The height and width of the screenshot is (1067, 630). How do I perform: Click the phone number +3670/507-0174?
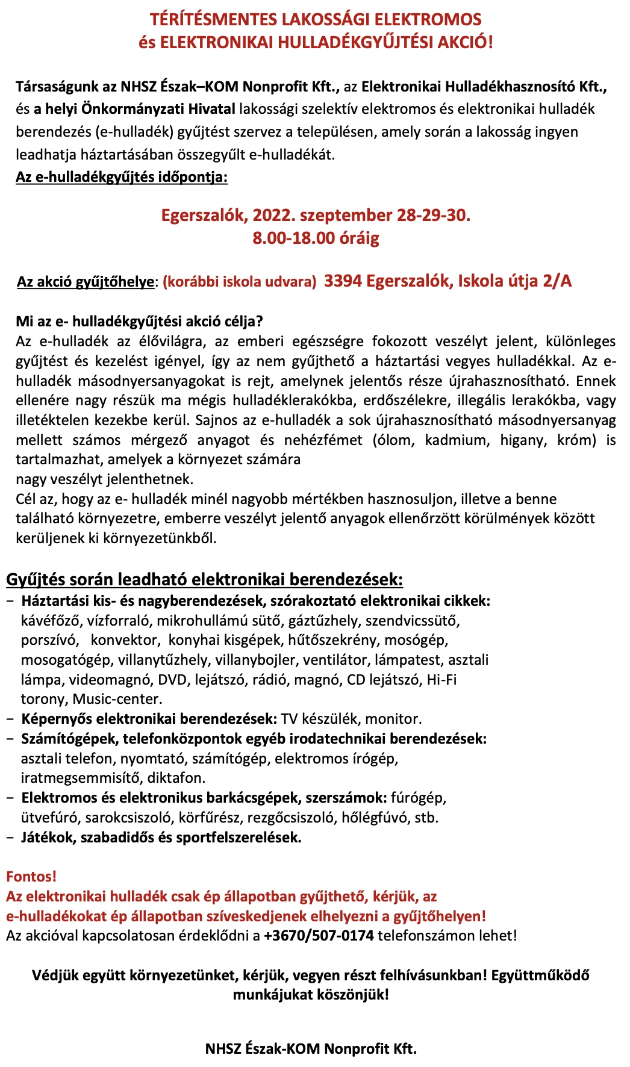coord(319,936)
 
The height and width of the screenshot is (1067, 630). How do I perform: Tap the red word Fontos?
coord(31,877)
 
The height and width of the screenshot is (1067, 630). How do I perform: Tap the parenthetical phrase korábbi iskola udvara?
coord(239,282)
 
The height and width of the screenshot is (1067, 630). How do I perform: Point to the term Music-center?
coord(117,699)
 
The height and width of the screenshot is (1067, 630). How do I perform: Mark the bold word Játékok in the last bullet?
coord(48,838)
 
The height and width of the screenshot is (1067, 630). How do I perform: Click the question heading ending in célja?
coord(140,322)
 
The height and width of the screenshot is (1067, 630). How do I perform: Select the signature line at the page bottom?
coord(311,1048)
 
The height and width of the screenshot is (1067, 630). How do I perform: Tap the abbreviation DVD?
coord(172,680)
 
